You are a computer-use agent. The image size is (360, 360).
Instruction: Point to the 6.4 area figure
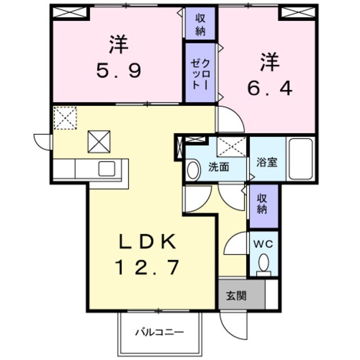(x=269, y=88)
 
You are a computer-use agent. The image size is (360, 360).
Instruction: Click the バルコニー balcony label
(x=159, y=332)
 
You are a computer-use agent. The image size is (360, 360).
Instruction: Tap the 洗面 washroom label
(x=218, y=167)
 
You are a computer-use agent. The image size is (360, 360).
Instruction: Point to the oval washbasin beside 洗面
(x=193, y=170)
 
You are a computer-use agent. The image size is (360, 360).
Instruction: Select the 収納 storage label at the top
(x=201, y=24)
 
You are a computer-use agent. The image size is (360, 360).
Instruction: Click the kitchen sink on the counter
(x=106, y=168)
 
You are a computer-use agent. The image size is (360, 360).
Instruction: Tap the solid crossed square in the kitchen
(x=98, y=141)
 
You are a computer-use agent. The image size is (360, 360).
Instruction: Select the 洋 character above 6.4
(x=269, y=62)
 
